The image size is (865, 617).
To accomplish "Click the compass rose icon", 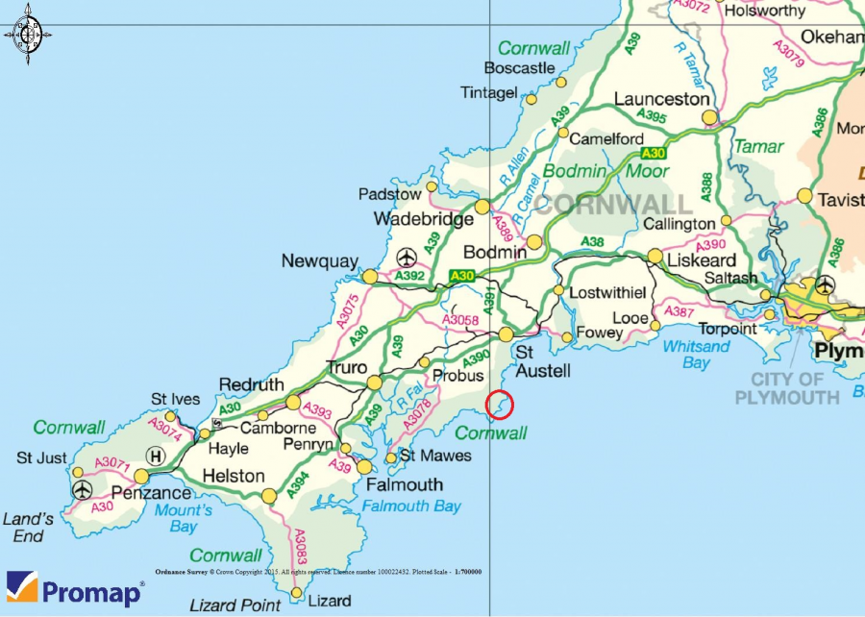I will pos(27,35).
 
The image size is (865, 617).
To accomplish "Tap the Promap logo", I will pos(75,589).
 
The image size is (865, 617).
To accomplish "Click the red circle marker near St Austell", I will pos(500,407).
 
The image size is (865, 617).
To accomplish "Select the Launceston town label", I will pos(662,99).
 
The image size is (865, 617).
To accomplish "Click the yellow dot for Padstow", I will pos(432,186).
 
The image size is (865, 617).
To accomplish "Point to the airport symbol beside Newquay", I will pos(407,258).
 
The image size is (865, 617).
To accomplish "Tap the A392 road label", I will pos(410,277).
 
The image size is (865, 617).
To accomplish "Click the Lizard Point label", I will pos(235,605).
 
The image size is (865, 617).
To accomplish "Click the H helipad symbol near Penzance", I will pos(155,456).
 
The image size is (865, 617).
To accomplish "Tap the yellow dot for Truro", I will pos(374,383).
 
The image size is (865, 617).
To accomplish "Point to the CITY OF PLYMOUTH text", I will pos(786,388).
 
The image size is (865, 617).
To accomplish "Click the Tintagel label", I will pos(488,92).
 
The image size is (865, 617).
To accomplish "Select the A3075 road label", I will pos(347,310).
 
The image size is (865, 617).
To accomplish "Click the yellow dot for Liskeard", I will pos(655,256).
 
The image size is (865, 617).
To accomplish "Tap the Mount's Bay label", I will pos(183,518).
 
